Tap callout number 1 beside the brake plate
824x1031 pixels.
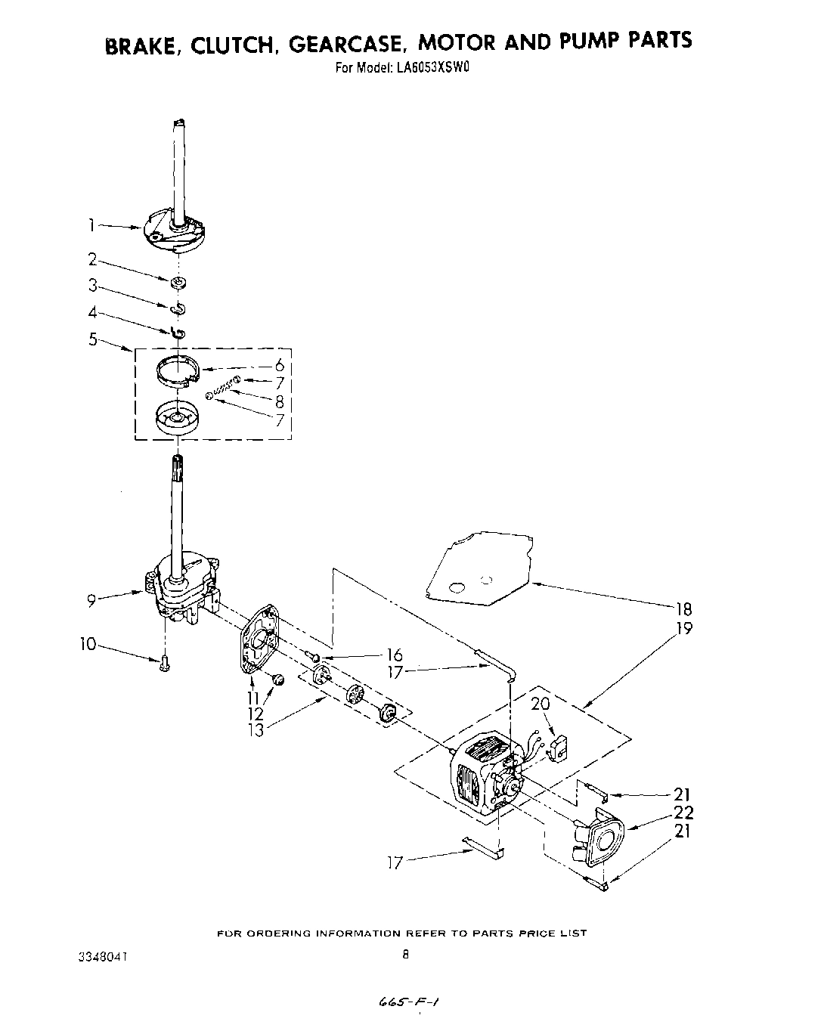[91, 224]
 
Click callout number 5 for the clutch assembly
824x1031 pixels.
[92, 339]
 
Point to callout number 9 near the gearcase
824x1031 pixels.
[90, 601]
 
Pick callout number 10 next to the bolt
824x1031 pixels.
[88, 644]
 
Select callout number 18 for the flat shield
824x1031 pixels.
[683, 608]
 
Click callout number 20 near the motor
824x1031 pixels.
[541, 704]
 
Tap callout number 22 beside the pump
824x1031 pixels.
[683, 813]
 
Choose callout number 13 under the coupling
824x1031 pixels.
[257, 731]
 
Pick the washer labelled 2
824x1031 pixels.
[178, 283]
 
